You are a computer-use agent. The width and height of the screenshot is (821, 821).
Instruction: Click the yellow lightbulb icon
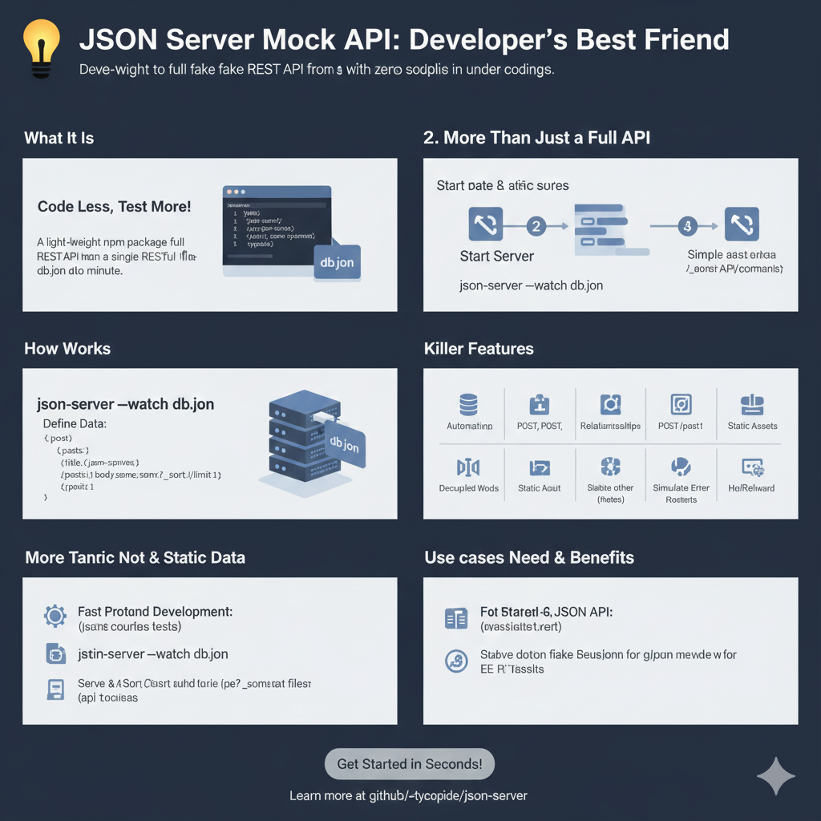(x=40, y=47)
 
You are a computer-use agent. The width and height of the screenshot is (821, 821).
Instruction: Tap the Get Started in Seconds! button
(x=410, y=764)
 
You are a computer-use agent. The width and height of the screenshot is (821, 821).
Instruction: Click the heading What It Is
(x=59, y=138)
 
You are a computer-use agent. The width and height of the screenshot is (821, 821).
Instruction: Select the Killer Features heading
(x=479, y=349)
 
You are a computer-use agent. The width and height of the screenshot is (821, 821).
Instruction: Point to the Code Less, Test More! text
(x=115, y=207)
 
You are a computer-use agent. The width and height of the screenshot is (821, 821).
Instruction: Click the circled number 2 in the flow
(x=536, y=226)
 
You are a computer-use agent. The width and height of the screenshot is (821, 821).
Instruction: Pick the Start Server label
(x=497, y=257)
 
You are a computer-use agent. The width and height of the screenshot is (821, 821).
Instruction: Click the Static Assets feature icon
(x=752, y=405)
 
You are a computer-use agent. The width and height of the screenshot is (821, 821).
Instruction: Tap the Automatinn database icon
(x=469, y=404)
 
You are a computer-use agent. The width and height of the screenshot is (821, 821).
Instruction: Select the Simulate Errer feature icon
(x=681, y=467)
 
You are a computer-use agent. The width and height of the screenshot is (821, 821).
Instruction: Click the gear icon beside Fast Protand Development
(x=55, y=616)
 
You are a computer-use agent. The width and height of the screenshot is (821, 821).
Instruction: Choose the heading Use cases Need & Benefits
(x=529, y=557)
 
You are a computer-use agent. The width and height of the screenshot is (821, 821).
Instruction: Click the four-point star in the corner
(x=776, y=775)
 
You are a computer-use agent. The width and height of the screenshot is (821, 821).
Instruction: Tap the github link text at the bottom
(x=408, y=796)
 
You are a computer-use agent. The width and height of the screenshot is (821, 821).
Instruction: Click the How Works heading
(x=67, y=349)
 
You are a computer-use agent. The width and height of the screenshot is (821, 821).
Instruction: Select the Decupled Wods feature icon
(x=468, y=467)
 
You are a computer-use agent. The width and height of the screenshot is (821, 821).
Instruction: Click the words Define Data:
(x=75, y=423)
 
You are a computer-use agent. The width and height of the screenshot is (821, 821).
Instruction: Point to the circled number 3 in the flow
(x=686, y=226)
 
